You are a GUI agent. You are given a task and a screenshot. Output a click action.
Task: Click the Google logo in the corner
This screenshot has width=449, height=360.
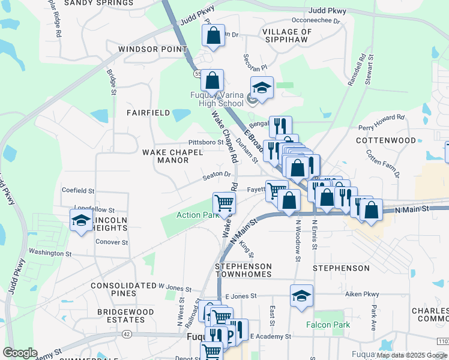pyautogui.click(x=20, y=353)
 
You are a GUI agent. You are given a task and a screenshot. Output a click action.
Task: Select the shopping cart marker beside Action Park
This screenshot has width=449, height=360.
pyautogui.click(x=224, y=203)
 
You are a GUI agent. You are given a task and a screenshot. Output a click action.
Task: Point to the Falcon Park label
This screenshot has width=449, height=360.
pyautogui.click(x=328, y=325)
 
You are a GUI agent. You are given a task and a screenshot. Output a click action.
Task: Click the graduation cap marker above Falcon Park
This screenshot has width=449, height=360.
pyautogui.click(x=301, y=295)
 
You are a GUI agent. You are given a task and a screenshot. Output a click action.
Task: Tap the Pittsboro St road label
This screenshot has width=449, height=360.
pyautogui.click(x=205, y=143)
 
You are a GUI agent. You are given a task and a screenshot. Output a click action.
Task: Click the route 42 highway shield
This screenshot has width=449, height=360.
pyautogui.click(x=126, y=334)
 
